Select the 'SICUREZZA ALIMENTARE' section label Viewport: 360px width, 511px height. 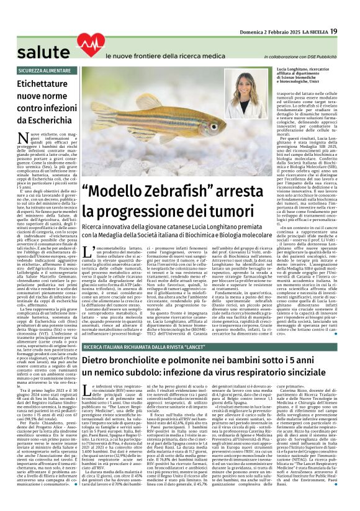pyautogui.click(x=44, y=71)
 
